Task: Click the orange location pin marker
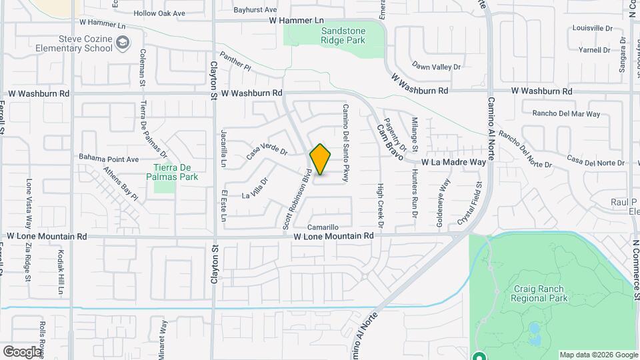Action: (x=320, y=159)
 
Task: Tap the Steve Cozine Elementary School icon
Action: (x=122, y=43)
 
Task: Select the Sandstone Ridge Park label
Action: (x=343, y=36)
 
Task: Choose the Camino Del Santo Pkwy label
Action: (x=347, y=141)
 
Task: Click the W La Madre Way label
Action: (x=453, y=162)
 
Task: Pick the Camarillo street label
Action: (x=328, y=227)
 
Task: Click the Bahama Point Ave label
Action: (x=109, y=159)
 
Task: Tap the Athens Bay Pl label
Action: (x=120, y=183)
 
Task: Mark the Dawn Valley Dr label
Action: (x=437, y=67)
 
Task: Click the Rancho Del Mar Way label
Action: (x=562, y=114)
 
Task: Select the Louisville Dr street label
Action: (x=592, y=28)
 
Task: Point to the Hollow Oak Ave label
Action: (x=159, y=13)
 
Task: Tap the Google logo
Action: (x=22, y=351)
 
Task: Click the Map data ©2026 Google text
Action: (x=598, y=355)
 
